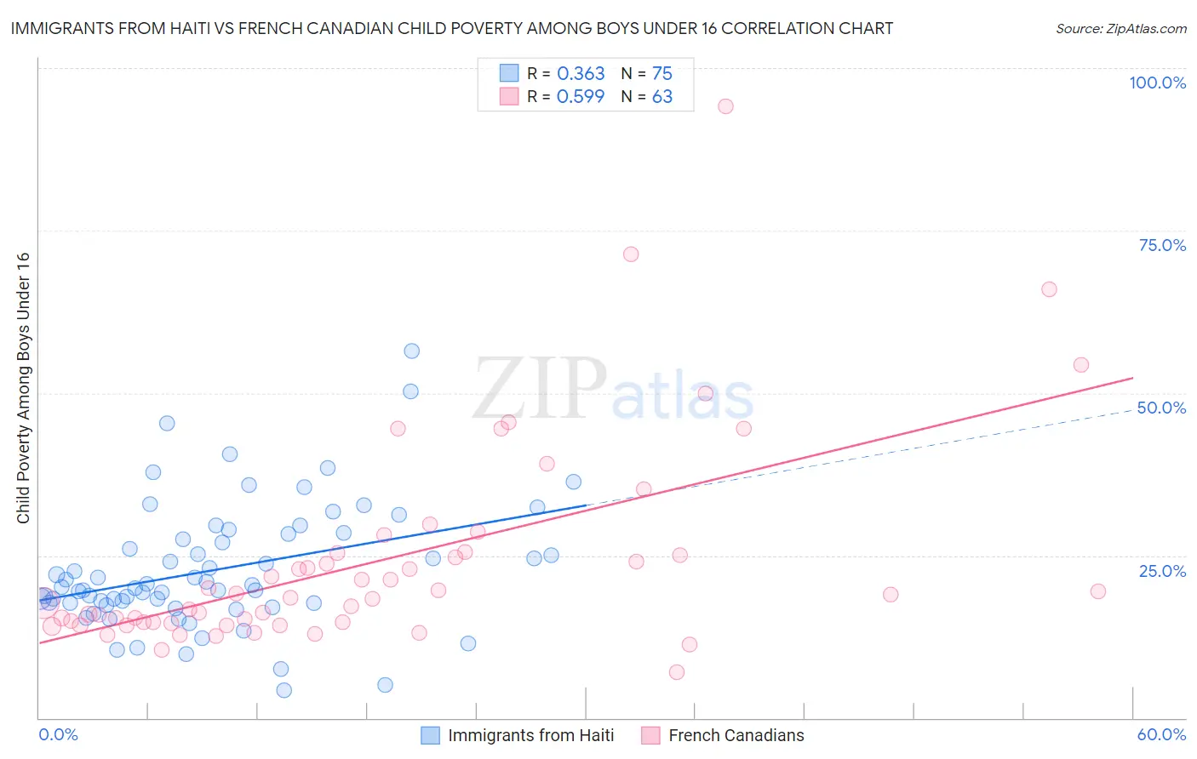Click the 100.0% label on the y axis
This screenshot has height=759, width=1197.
[1157, 83]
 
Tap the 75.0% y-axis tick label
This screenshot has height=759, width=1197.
[1162, 245]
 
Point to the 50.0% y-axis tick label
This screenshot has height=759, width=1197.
[1161, 408]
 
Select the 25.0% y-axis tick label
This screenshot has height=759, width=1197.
[1162, 571]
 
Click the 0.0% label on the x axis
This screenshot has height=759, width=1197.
[58, 734]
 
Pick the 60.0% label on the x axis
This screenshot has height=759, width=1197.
[1161, 734]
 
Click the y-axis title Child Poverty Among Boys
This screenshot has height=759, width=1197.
[23, 388]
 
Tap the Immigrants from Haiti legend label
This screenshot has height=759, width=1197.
[530, 735]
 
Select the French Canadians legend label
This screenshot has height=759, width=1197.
[736, 735]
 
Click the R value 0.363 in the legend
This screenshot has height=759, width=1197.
[581, 74]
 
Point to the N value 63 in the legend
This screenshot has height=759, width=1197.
[662, 97]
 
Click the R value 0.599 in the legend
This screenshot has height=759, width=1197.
[581, 97]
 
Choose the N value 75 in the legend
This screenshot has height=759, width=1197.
[662, 74]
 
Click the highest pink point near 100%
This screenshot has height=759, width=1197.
[725, 106]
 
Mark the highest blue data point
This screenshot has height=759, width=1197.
[411, 351]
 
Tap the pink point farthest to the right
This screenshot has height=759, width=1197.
[1098, 591]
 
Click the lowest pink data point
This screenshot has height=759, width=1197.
[677, 672]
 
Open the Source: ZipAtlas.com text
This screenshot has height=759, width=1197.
[1120, 28]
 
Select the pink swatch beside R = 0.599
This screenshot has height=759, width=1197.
[509, 96]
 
